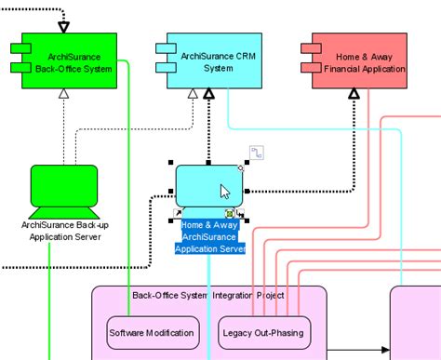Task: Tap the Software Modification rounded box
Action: (153, 332)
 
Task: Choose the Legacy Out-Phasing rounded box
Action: (261, 332)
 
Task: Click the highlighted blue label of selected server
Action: (210, 236)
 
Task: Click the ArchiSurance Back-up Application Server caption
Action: (60, 230)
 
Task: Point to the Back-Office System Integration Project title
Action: (208, 295)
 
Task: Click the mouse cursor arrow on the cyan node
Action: (224, 192)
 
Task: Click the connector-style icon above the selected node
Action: (257, 152)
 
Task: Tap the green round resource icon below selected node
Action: (229, 213)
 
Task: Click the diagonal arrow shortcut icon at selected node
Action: (179, 213)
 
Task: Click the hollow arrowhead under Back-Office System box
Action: (63, 93)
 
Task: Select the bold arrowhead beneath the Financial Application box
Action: (354, 93)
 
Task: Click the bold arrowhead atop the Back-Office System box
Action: (63, 25)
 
